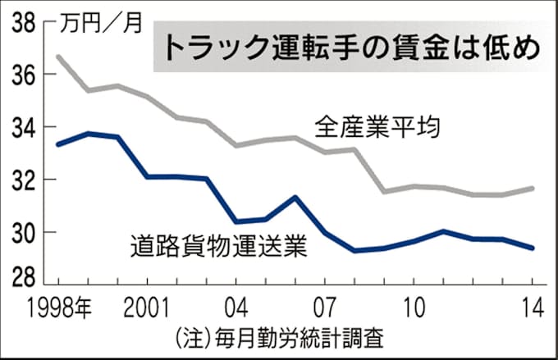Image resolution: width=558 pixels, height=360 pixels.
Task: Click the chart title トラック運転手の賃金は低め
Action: (349, 48)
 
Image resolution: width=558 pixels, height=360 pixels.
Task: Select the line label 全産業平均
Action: (378, 129)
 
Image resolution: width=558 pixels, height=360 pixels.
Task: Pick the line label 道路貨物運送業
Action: (217, 245)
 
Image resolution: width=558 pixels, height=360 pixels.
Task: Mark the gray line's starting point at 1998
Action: (57, 56)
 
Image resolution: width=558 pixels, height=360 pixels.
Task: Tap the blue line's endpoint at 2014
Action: (533, 248)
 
